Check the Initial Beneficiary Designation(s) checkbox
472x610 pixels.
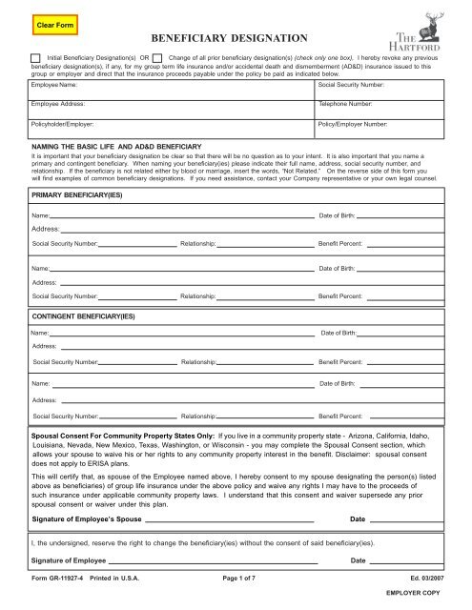(x=35, y=58)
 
